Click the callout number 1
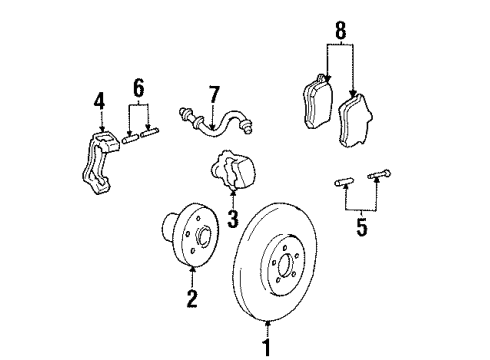(x=266, y=347)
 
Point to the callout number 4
(x=99, y=101)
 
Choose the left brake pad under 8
(x=316, y=100)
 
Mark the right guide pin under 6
(x=149, y=134)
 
